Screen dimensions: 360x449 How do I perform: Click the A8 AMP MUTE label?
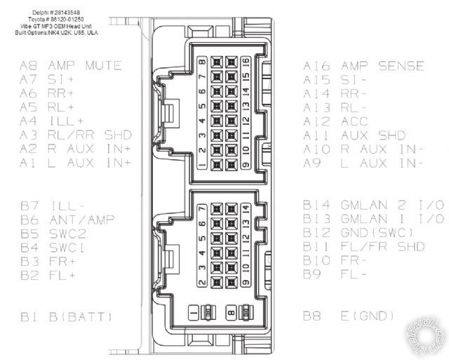70,66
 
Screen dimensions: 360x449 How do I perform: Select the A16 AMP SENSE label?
363,67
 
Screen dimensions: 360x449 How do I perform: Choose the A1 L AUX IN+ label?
75,163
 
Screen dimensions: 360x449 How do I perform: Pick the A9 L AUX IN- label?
363,163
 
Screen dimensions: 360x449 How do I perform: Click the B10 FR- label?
336,260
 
